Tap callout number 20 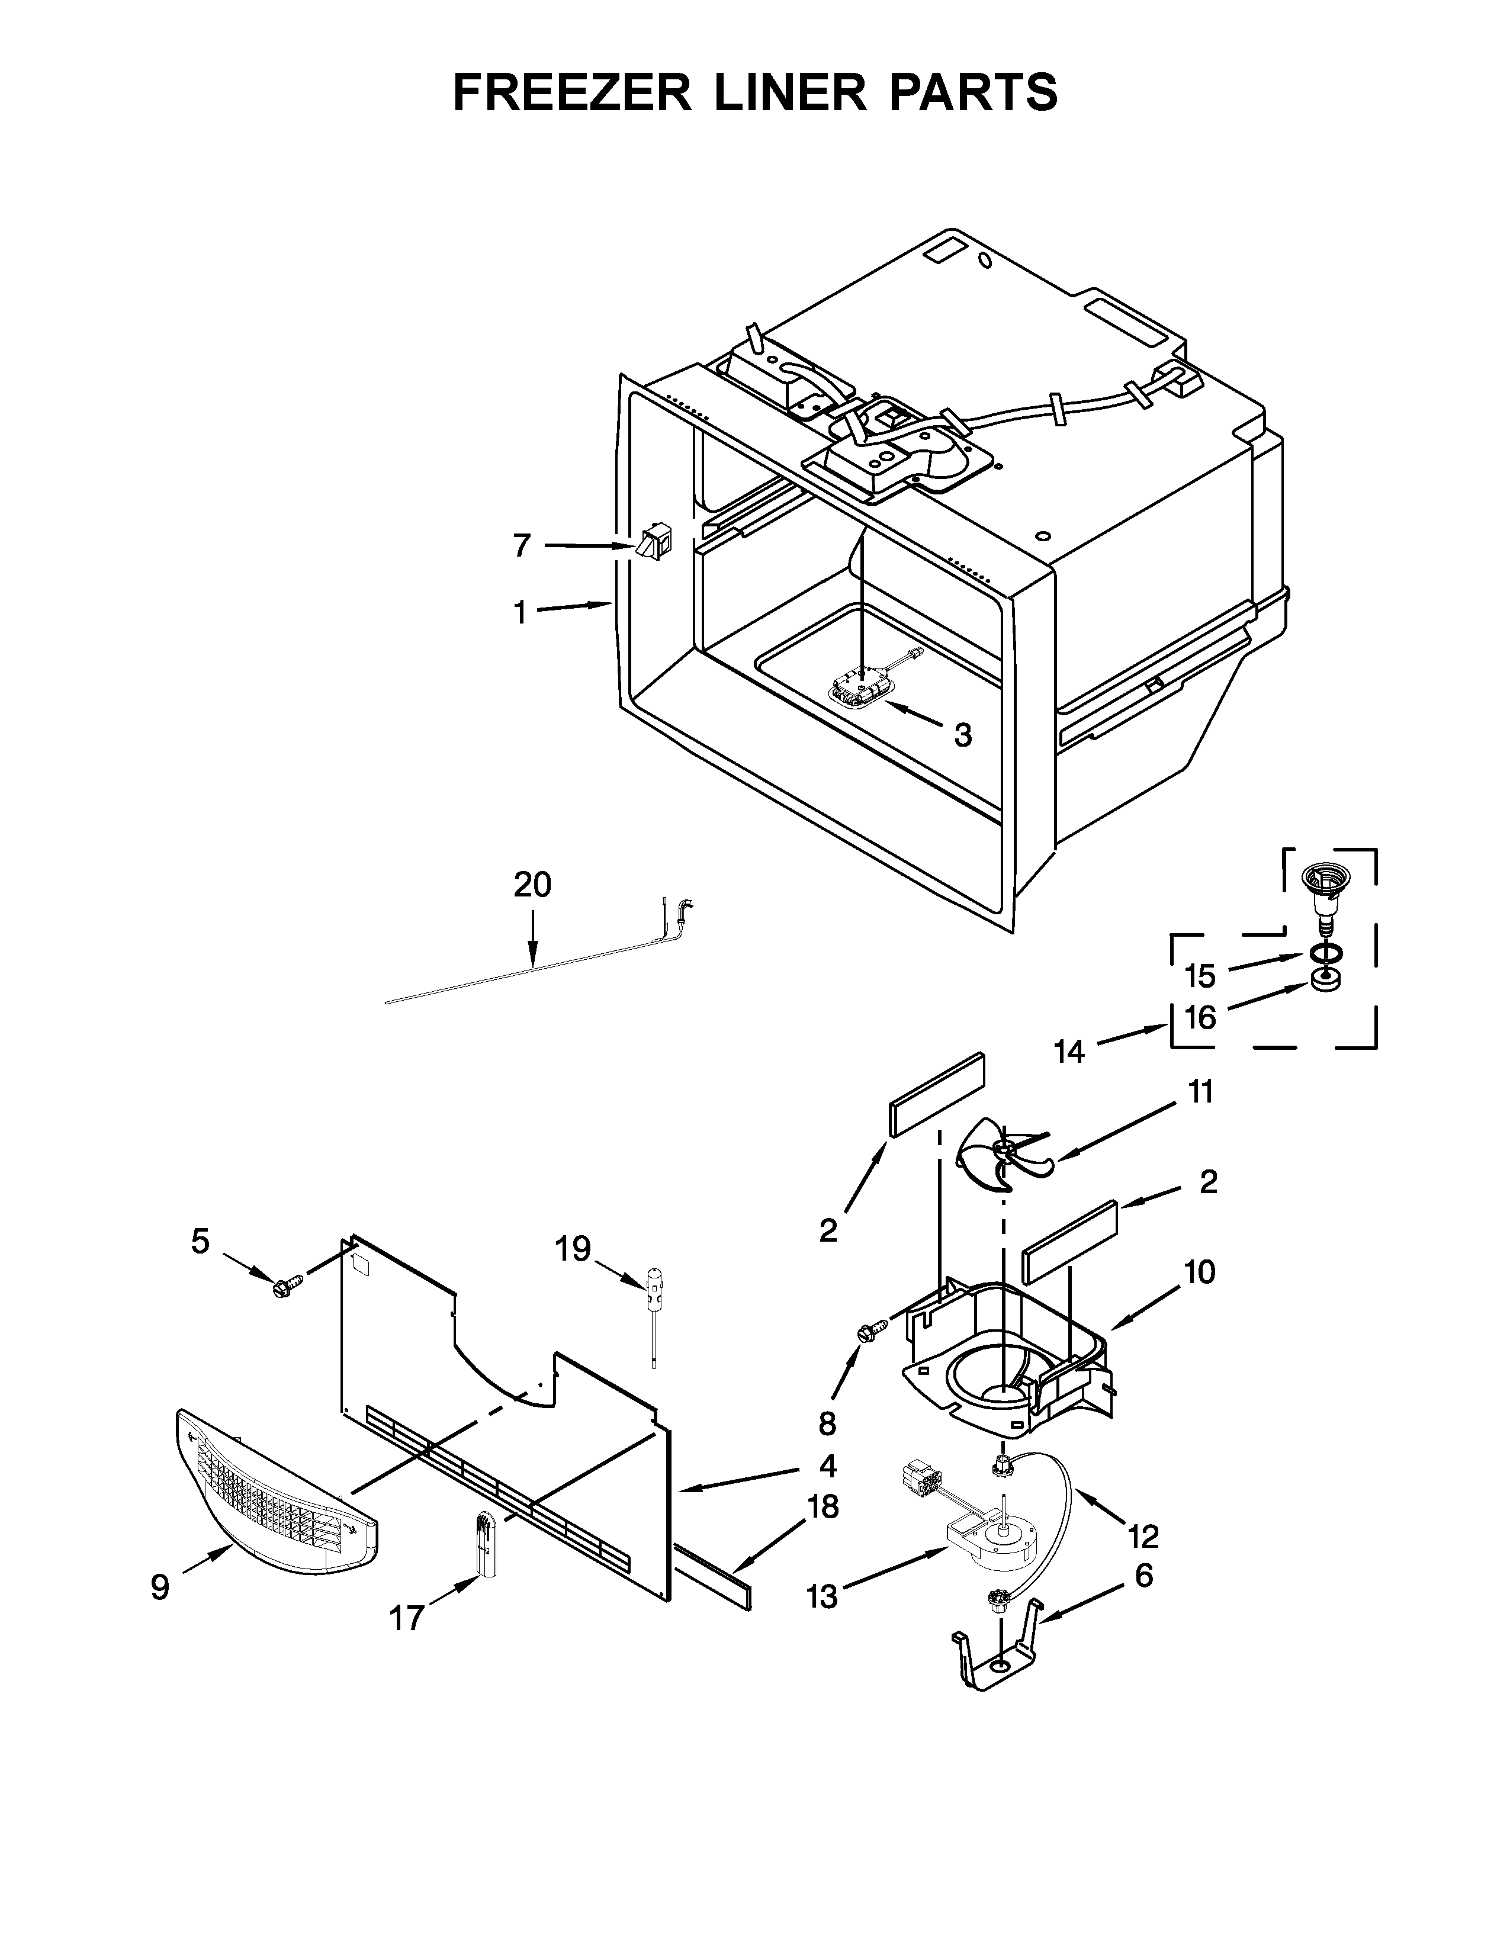coord(532,885)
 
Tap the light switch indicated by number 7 coord(656,544)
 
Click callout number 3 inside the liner coord(962,735)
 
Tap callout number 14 coord(1068,1051)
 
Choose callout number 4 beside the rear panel coord(827,1465)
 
